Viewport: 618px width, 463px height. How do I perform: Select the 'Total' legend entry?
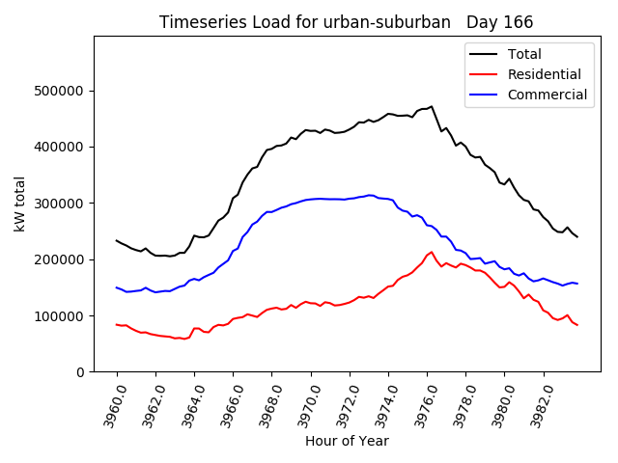524,54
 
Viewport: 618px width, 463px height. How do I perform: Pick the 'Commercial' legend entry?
547,95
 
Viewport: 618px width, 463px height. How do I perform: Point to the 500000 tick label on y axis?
61,91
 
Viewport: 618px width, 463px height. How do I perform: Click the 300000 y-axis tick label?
61,204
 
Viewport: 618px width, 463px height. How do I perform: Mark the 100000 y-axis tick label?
61,316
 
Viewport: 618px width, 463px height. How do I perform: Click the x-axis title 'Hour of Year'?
347,441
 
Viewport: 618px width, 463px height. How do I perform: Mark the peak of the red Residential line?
432,253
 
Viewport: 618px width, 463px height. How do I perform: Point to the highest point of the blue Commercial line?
370,195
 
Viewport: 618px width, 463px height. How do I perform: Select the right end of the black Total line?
577,237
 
